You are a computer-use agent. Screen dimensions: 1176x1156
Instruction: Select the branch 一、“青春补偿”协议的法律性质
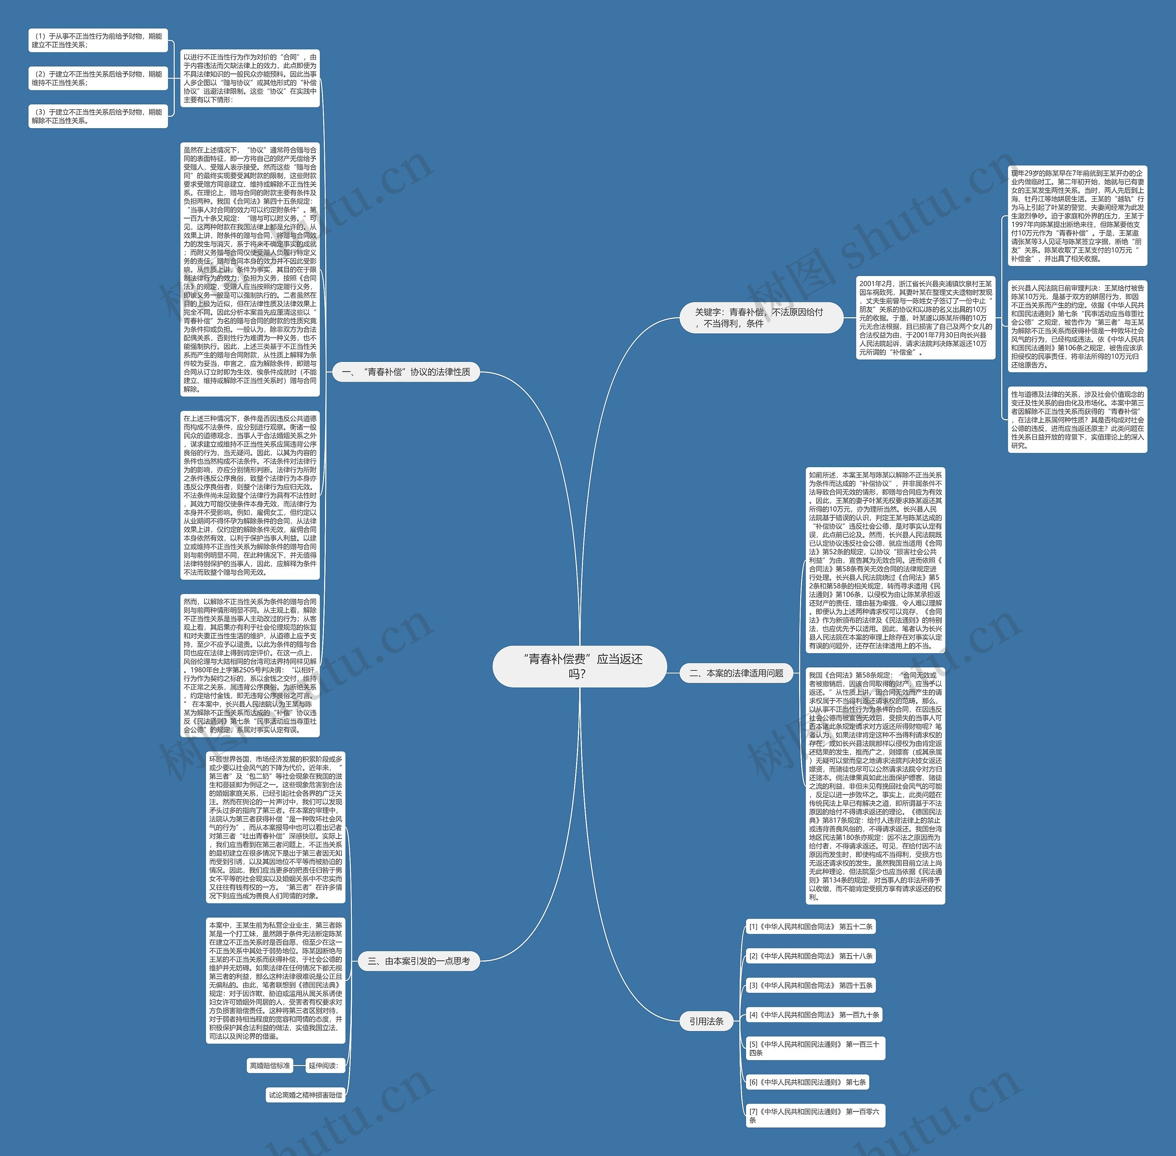point(406,372)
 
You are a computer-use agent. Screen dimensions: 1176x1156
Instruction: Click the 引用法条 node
point(706,1021)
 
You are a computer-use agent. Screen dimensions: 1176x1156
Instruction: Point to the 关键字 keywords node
point(761,317)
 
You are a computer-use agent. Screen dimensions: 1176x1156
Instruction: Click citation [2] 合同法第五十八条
point(810,956)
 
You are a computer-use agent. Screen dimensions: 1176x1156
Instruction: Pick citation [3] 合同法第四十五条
point(810,986)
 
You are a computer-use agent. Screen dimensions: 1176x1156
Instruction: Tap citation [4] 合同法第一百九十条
point(814,1015)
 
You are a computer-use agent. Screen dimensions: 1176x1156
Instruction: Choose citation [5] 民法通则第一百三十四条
point(815,1049)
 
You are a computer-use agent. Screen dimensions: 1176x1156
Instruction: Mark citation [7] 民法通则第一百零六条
point(815,1115)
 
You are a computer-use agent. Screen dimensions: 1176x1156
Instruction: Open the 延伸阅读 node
point(322,1065)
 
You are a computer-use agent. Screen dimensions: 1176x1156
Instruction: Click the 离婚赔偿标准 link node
point(270,1065)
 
